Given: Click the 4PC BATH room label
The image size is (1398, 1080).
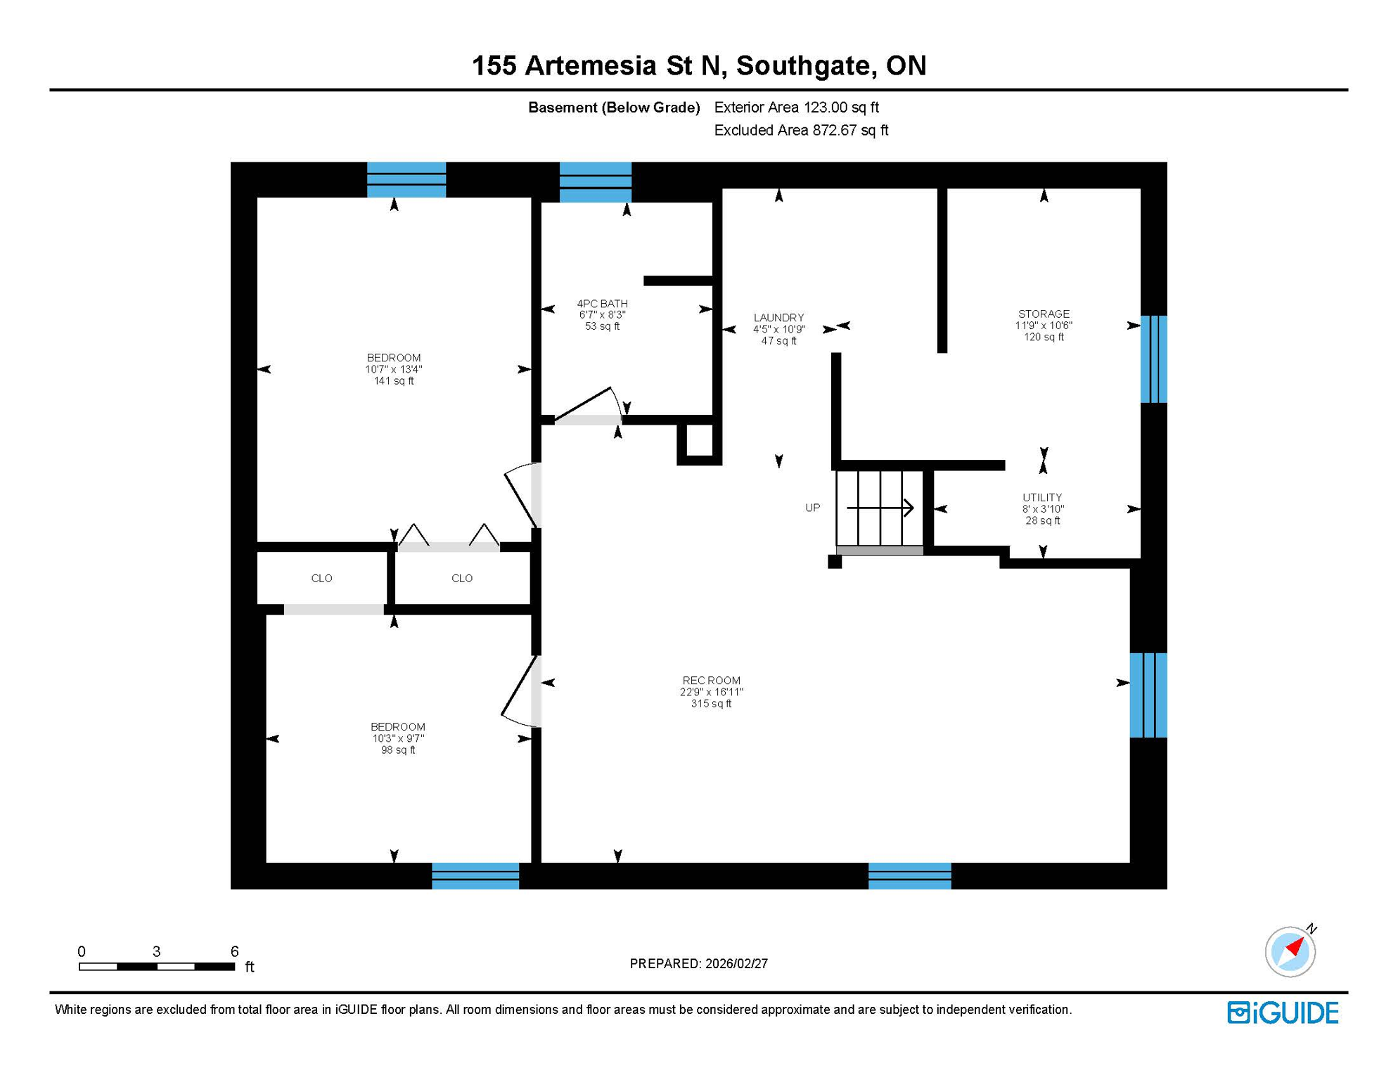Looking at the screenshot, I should [602, 304].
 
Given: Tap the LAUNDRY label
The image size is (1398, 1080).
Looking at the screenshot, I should [778, 318].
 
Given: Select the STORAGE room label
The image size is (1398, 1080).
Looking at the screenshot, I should [1044, 314].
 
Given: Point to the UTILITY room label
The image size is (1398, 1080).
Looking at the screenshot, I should [1042, 498].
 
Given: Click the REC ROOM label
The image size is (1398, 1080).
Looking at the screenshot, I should [711, 681].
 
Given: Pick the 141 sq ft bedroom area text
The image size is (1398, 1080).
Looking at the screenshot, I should [394, 381].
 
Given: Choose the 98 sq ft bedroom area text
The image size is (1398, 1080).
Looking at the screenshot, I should [398, 750].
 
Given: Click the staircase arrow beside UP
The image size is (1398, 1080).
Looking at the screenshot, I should [880, 508].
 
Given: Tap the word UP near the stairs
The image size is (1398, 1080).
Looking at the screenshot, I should [812, 508].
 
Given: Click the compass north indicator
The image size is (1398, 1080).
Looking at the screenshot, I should [1290, 951].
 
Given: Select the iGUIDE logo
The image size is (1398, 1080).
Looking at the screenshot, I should [1283, 1013].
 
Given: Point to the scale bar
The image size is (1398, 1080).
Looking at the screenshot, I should [157, 967].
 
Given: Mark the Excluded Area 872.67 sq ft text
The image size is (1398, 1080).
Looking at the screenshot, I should [801, 131].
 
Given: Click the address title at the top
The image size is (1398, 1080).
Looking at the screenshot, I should [699, 66].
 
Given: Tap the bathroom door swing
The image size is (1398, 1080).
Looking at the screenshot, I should [588, 406].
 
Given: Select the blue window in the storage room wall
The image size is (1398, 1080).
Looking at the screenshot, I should [1153, 359].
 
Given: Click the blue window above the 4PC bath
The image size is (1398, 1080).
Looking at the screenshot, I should [595, 182].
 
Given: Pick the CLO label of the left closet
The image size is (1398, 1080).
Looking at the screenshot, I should [321, 579].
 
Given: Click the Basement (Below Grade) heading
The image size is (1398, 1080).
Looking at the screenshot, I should [614, 108].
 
